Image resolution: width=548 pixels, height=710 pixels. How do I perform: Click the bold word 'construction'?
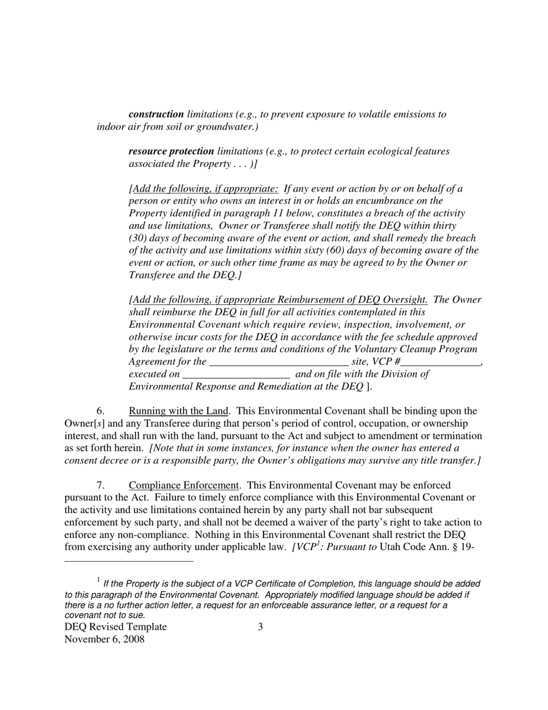pyautogui.click(x=156, y=114)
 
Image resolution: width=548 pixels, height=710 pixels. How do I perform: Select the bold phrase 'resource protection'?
pyautogui.click(x=171, y=151)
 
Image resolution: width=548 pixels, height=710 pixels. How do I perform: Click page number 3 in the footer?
pyautogui.click(x=260, y=627)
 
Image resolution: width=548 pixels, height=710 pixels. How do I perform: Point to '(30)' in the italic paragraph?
pyautogui.click(x=138, y=238)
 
